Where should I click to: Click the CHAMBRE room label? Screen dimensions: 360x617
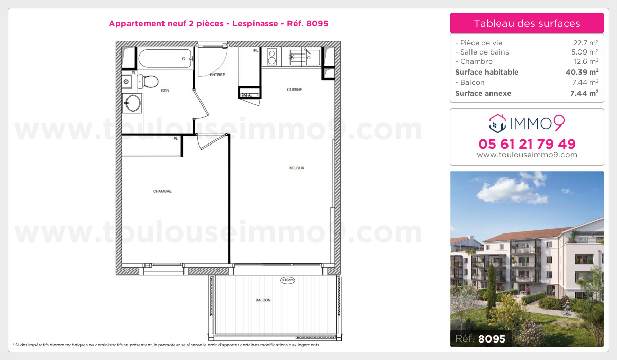coord(162,191)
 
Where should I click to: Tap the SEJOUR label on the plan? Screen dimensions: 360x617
coord(297,168)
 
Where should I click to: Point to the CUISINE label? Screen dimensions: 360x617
coord(295,89)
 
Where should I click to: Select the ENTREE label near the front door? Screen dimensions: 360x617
coord(217,75)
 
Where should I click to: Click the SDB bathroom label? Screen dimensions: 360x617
coord(165,91)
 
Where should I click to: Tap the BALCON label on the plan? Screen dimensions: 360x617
coord(263,300)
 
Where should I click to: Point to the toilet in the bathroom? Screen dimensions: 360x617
coord(149,81)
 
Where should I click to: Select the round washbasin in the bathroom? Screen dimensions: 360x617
coord(133,102)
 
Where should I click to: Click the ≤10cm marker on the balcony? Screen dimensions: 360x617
coord(287,280)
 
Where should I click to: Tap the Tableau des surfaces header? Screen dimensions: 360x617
coord(527,23)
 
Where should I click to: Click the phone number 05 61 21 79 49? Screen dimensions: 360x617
coord(527,143)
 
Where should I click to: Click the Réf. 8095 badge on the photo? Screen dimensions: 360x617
coord(480,338)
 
